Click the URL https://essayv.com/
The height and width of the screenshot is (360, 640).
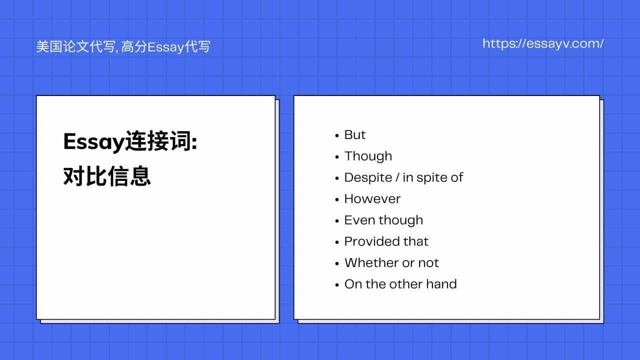coord(543,43)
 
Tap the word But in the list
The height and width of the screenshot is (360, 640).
coord(355,135)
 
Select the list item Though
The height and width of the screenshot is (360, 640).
coord(368,156)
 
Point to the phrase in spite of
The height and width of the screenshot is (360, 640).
coord(432,178)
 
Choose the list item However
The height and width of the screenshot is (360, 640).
coord(372,199)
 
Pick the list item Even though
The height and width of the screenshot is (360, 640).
coord(383,220)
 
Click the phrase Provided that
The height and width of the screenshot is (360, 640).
coord(386,241)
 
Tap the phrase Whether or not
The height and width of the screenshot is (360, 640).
coord(391,263)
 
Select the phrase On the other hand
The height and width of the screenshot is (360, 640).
coord(400,284)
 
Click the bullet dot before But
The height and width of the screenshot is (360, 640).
coord(337,135)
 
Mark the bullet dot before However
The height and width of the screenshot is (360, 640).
coord(337,199)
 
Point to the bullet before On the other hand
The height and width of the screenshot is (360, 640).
coord(337,285)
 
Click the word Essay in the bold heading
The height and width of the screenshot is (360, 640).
coord(93,143)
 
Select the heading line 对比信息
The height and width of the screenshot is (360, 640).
coord(107,176)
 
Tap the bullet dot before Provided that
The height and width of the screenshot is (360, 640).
coord(337,242)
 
